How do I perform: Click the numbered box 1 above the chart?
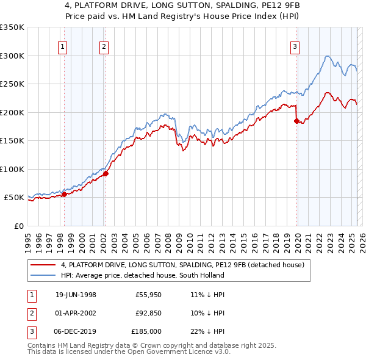[63, 46]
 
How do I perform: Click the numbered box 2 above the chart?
[104, 46]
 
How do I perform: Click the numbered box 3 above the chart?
[295, 46]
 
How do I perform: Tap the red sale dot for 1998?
[64, 195]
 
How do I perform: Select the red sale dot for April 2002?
[106, 173]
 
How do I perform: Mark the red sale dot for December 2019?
[296, 121]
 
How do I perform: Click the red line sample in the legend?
[43, 265]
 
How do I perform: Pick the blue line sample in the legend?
[43, 275]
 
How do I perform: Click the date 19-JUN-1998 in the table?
[76, 294]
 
